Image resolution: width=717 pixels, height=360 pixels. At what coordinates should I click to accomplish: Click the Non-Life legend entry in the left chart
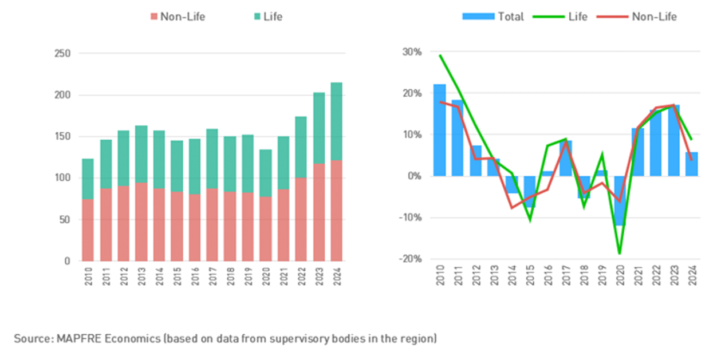pyautogui.click(x=177, y=17)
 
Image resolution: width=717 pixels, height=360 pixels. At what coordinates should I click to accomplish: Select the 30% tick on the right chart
pyautogui.click(x=412, y=52)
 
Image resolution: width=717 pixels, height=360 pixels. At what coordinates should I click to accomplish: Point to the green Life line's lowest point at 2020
pyautogui.click(x=619, y=253)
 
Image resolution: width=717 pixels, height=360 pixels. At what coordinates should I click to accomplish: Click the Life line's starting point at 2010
pyautogui.click(x=440, y=56)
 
